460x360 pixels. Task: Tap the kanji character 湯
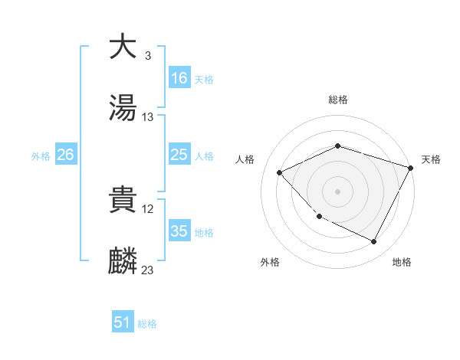[x=123, y=108]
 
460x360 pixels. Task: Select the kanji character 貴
[x=123, y=200]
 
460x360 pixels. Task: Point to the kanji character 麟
[x=123, y=261]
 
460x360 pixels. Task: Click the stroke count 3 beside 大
[x=147, y=55]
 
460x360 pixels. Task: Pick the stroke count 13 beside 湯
[x=148, y=117]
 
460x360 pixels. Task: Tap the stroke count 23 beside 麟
[x=148, y=270]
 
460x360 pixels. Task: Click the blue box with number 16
[x=179, y=78]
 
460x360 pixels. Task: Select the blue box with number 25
[x=179, y=155]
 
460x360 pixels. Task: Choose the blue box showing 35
[x=179, y=231]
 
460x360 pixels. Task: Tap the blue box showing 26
[x=65, y=155]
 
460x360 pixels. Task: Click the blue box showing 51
[x=123, y=323]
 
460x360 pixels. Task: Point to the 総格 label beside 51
[x=147, y=324]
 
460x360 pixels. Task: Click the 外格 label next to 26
[x=41, y=155]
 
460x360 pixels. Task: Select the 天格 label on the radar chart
[x=431, y=159]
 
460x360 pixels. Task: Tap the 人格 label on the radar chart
[x=245, y=159]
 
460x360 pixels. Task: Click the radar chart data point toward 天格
[x=412, y=168]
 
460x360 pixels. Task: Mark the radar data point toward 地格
[x=374, y=242]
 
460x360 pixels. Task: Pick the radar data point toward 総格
[x=337, y=146]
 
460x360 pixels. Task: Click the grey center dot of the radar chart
[x=337, y=191]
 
